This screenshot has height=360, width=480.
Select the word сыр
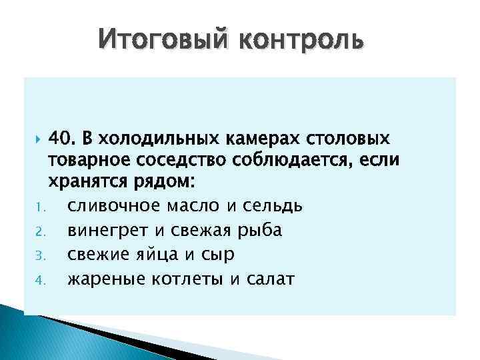[219, 254]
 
